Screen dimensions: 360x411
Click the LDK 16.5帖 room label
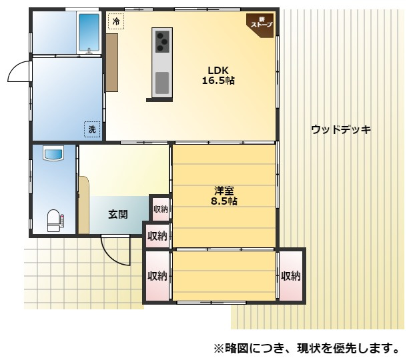[x=218, y=75]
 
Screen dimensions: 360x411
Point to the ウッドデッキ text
[x=340, y=129]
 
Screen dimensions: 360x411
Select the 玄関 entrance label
[x=118, y=215]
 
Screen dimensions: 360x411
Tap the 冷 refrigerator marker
[x=117, y=22]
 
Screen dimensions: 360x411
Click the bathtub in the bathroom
[x=88, y=32]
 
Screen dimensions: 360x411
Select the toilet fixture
[x=54, y=220]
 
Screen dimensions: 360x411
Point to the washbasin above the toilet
[x=53, y=155]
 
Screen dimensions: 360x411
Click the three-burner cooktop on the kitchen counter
[x=162, y=42]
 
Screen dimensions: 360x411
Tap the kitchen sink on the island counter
[x=162, y=82]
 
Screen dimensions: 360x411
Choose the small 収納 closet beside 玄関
[x=160, y=209]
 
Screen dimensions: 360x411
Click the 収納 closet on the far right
[x=290, y=275]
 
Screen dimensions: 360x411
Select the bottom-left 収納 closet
[x=157, y=275]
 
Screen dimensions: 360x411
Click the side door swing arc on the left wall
[x=18, y=72]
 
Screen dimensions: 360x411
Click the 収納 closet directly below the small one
[x=157, y=235]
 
